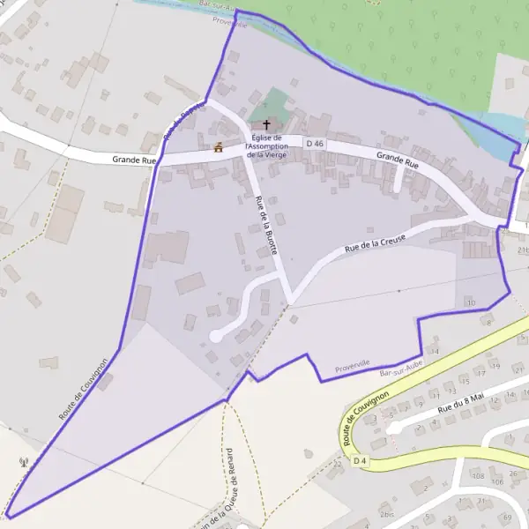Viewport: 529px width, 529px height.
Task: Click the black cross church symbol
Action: click(x=266, y=125)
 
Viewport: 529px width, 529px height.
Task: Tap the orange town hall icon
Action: click(x=218, y=148)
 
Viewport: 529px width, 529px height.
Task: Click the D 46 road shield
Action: click(x=315, y=143)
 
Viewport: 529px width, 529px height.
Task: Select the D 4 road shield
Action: click(x=359, y=460)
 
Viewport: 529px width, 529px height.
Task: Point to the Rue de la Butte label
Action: click(x=266, y=225)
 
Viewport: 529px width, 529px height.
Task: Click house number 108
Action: click(x=477, y=475)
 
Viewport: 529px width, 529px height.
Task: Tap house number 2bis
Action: click(x=386, y=513)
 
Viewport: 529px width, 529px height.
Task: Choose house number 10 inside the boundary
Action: click(x=471, y=303)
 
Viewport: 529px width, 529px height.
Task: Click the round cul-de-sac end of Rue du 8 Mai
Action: click(x=394, y=428)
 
